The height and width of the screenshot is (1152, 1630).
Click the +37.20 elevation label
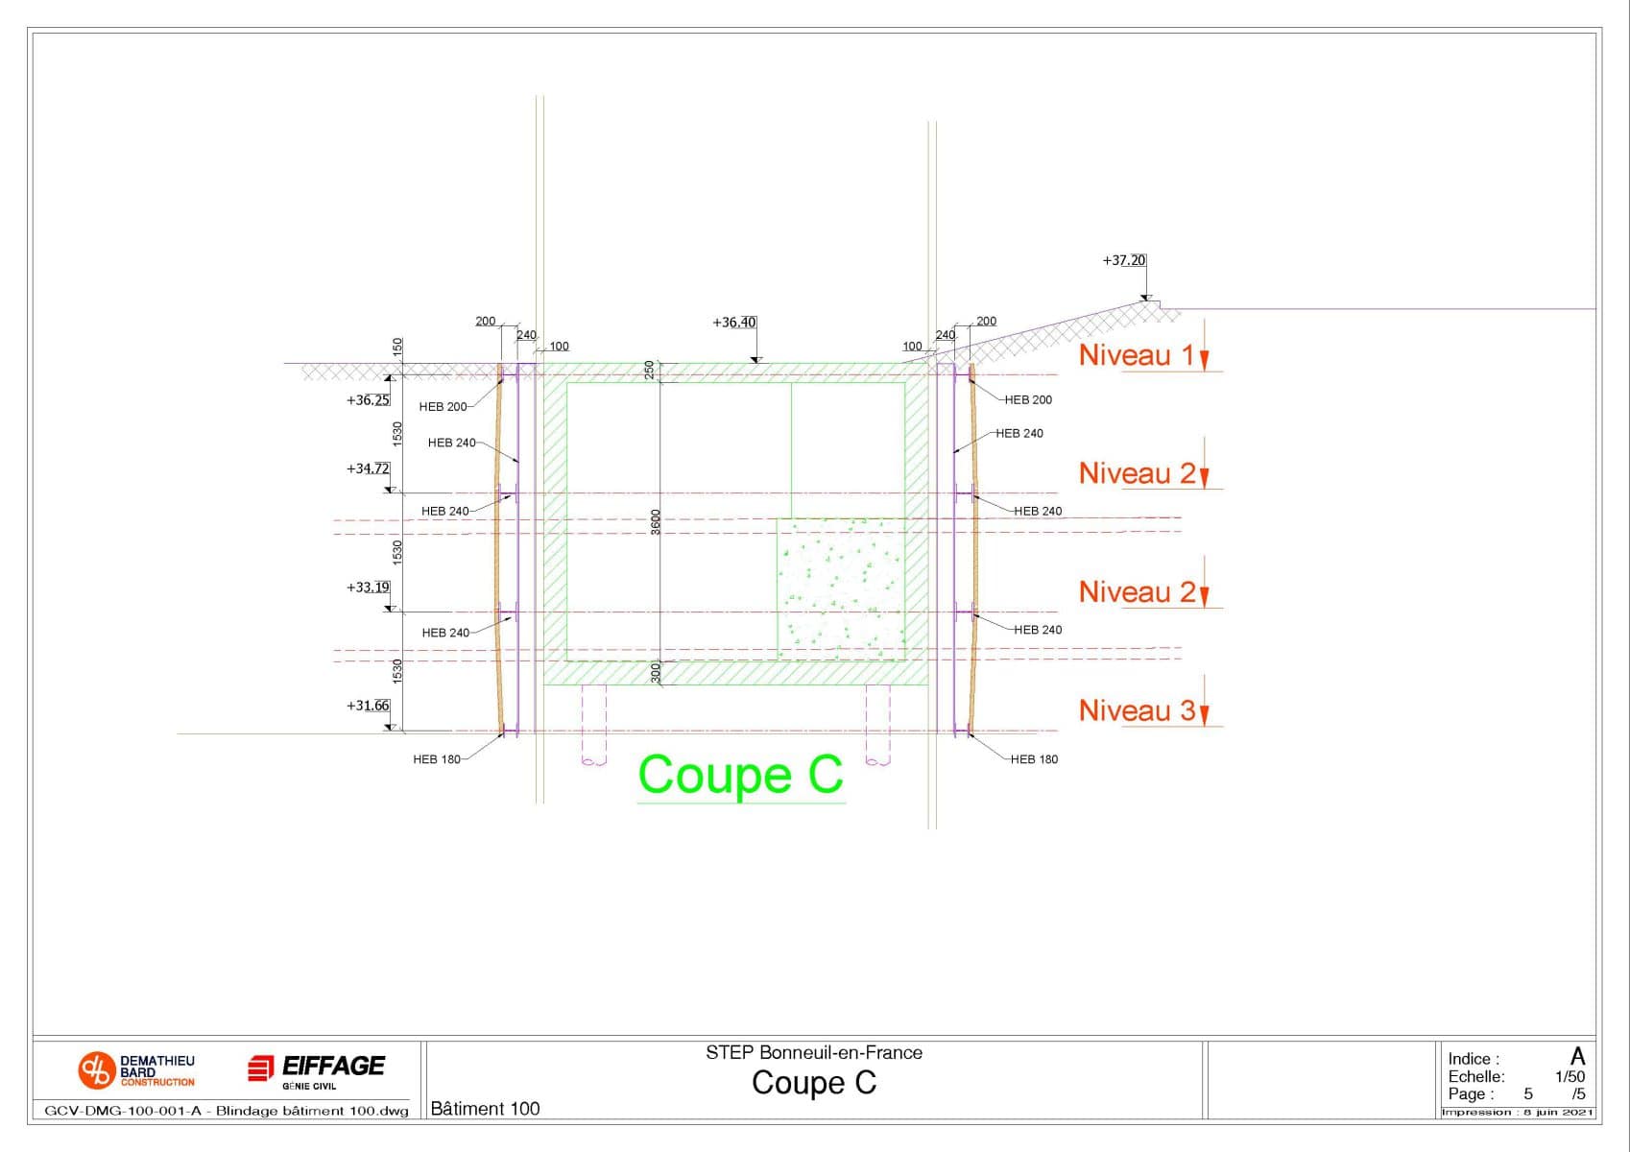click(1123, 260)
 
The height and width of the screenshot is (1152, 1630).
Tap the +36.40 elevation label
click(733, 323)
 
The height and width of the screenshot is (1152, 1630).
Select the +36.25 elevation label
click(368, 400)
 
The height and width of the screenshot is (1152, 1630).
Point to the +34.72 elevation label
click(368, 468)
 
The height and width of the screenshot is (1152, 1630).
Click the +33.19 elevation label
click(368, 588)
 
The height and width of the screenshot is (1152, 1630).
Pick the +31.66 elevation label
click(368, 706)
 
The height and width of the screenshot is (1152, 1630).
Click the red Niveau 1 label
click(1137, 355)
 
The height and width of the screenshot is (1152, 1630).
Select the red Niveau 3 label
click(1137, 710)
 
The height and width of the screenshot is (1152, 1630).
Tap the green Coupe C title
click(740, 775)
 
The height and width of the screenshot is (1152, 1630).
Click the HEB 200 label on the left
click(443, 407)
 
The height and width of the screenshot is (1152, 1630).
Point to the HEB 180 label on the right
click(1034, 759)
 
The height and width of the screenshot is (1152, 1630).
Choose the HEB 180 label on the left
click(437, 759)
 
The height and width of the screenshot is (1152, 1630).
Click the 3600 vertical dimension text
click(657, 522)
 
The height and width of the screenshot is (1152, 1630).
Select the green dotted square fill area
click(841, 588)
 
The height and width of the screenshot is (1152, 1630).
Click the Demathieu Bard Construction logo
click(136, 1070)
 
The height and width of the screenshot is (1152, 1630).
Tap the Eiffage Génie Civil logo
click(316, 1070)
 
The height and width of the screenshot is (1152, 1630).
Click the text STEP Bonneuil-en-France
click(814, 1052)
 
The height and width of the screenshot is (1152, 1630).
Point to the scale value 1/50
click(1570, 1077)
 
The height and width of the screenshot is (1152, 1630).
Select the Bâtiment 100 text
click(485, 1109)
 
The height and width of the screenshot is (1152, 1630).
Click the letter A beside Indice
click(1577, 1057)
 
